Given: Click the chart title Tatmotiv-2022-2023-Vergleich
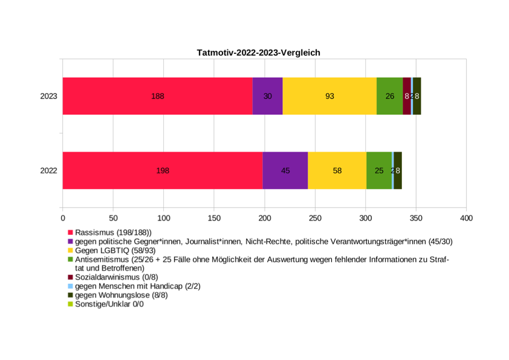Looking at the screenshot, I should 258,53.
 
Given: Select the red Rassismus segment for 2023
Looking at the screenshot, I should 157,96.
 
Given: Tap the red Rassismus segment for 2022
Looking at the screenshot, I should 162,170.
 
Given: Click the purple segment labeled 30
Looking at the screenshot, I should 267,96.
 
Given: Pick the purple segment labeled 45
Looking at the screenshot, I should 285,170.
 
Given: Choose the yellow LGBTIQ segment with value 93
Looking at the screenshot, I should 329,96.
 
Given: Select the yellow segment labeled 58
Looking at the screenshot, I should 337,170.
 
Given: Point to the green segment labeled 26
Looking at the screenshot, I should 389,96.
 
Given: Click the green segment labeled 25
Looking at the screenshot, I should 379,170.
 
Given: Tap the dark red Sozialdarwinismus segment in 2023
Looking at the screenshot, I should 406,96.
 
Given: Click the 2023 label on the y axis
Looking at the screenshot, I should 48,96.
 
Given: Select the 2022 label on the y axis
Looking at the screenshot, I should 48,170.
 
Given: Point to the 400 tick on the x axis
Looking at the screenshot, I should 465,217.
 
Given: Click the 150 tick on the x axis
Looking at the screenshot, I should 214,217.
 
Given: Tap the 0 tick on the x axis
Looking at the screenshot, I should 63,217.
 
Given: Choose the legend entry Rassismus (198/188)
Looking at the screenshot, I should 113,233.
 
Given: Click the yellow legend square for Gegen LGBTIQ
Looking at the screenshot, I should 70,250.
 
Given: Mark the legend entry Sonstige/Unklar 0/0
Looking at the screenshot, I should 109,304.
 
